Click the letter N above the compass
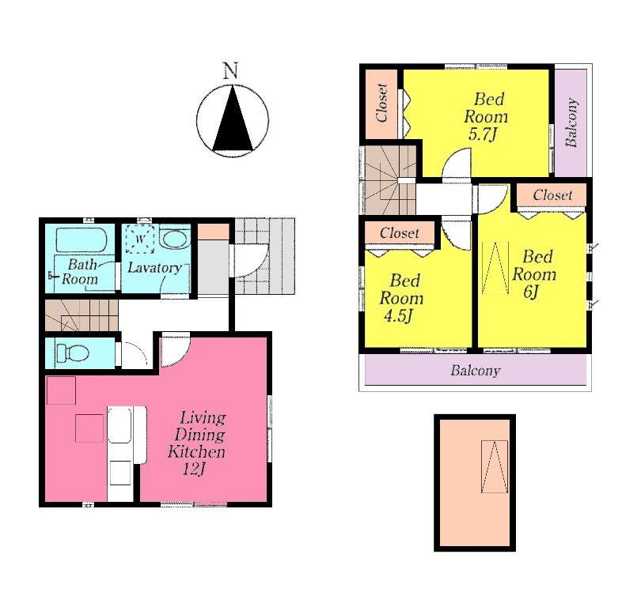[x=230, y=71]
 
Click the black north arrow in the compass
[x=232, y=120]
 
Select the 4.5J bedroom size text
[x=401, y=317]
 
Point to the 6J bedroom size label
[x=531, y=292]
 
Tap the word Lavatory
[x=154, y=268]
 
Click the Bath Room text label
[x=82, y=272]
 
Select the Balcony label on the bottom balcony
[x=475, y=370]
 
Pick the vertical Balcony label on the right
[x=571, y=123]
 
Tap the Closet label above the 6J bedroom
[x=552, y=195]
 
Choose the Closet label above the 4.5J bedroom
[x=400, y=233]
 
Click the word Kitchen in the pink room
[x=196, y=452]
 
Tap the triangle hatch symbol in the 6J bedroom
[x=496, y=269]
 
